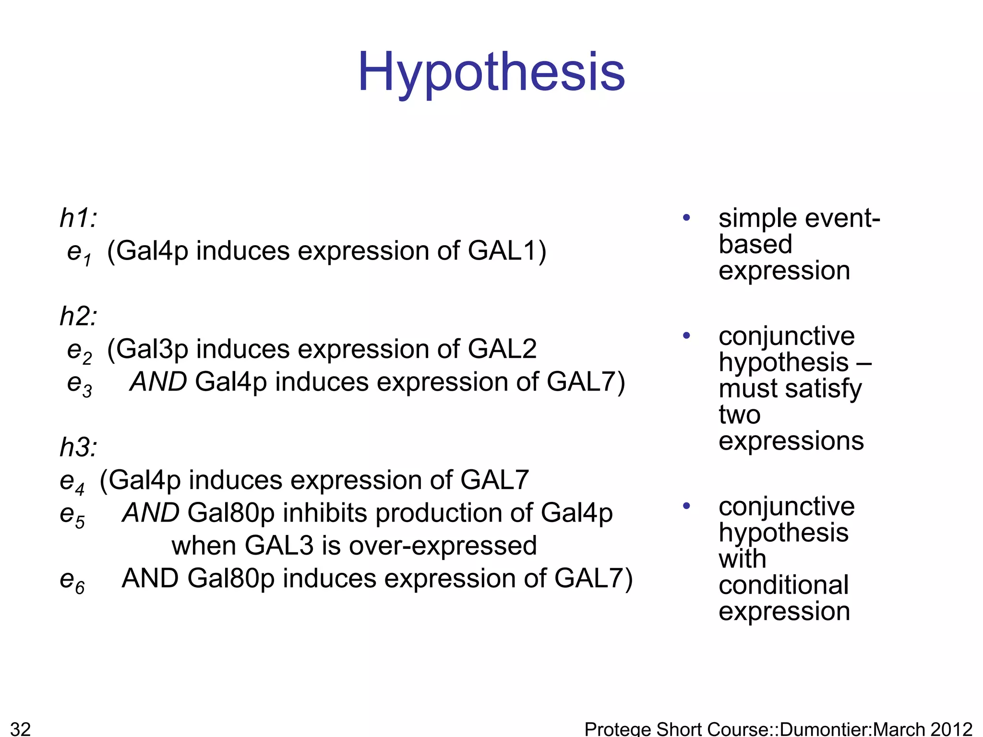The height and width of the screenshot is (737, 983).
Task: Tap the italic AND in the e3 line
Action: (x=158, y=382)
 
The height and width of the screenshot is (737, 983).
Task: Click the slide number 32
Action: (x=20, y=728)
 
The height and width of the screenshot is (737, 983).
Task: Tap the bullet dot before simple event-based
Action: (x=686, y=218)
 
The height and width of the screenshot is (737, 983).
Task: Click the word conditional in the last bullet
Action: (x=783, y=585)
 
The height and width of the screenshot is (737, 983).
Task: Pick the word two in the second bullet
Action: (x=739, y=415)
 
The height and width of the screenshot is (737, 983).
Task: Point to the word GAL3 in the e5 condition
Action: (x=279, y=546)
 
